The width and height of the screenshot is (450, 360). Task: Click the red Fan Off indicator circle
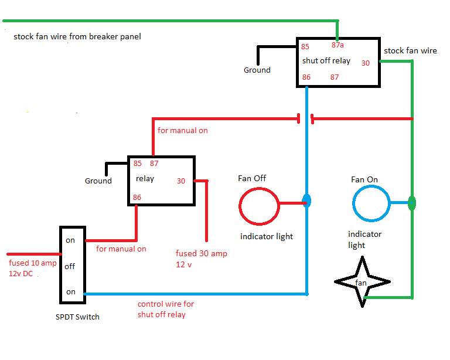pyautogui.click(x=259, y=206)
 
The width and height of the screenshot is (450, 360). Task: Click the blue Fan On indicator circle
pyautogui.click(x=371, y=203)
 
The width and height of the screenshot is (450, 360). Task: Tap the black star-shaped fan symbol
pyautogui.click(x=361, y=282)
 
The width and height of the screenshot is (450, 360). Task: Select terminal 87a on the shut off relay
pyautogui.click(x=337, y=46)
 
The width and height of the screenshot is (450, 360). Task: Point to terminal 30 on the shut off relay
pyautogui.click(x=366, y=63)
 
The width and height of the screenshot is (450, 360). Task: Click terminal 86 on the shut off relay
pyautogui.click(x=306, y=77)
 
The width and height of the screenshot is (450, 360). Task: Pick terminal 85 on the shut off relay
pyautogui.click(x=305, y=46)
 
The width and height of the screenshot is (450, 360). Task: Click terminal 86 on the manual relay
pyautogui.click(x=137, y=197)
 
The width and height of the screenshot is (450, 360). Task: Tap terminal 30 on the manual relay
pyautogui.click(x=181, y=181)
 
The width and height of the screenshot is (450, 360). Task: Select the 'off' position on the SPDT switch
pyautogui.click(x=70, y=266)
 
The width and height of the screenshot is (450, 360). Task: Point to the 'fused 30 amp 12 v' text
pyautogui.click(x=201, y=259)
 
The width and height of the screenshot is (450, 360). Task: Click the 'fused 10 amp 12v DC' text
pyautogui.click(x=32, y=268)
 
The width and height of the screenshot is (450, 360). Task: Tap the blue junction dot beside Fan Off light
pyautogui.click(x=306, y=201)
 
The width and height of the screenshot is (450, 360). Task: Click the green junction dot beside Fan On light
pyautogui.click(x=412, y=203)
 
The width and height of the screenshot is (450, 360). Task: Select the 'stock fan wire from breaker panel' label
pyautogui.click(x=77, y=36)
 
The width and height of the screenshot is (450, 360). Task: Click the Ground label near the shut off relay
pyautogui.click(x=257, y=70)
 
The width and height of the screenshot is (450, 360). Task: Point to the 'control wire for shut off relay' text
pyautogui.click(x=166, y=309)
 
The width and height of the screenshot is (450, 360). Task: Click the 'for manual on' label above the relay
pyautogui.click(x=183, y=130)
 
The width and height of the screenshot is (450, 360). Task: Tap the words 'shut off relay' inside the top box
pyautogui.click(x=326, y=60)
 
